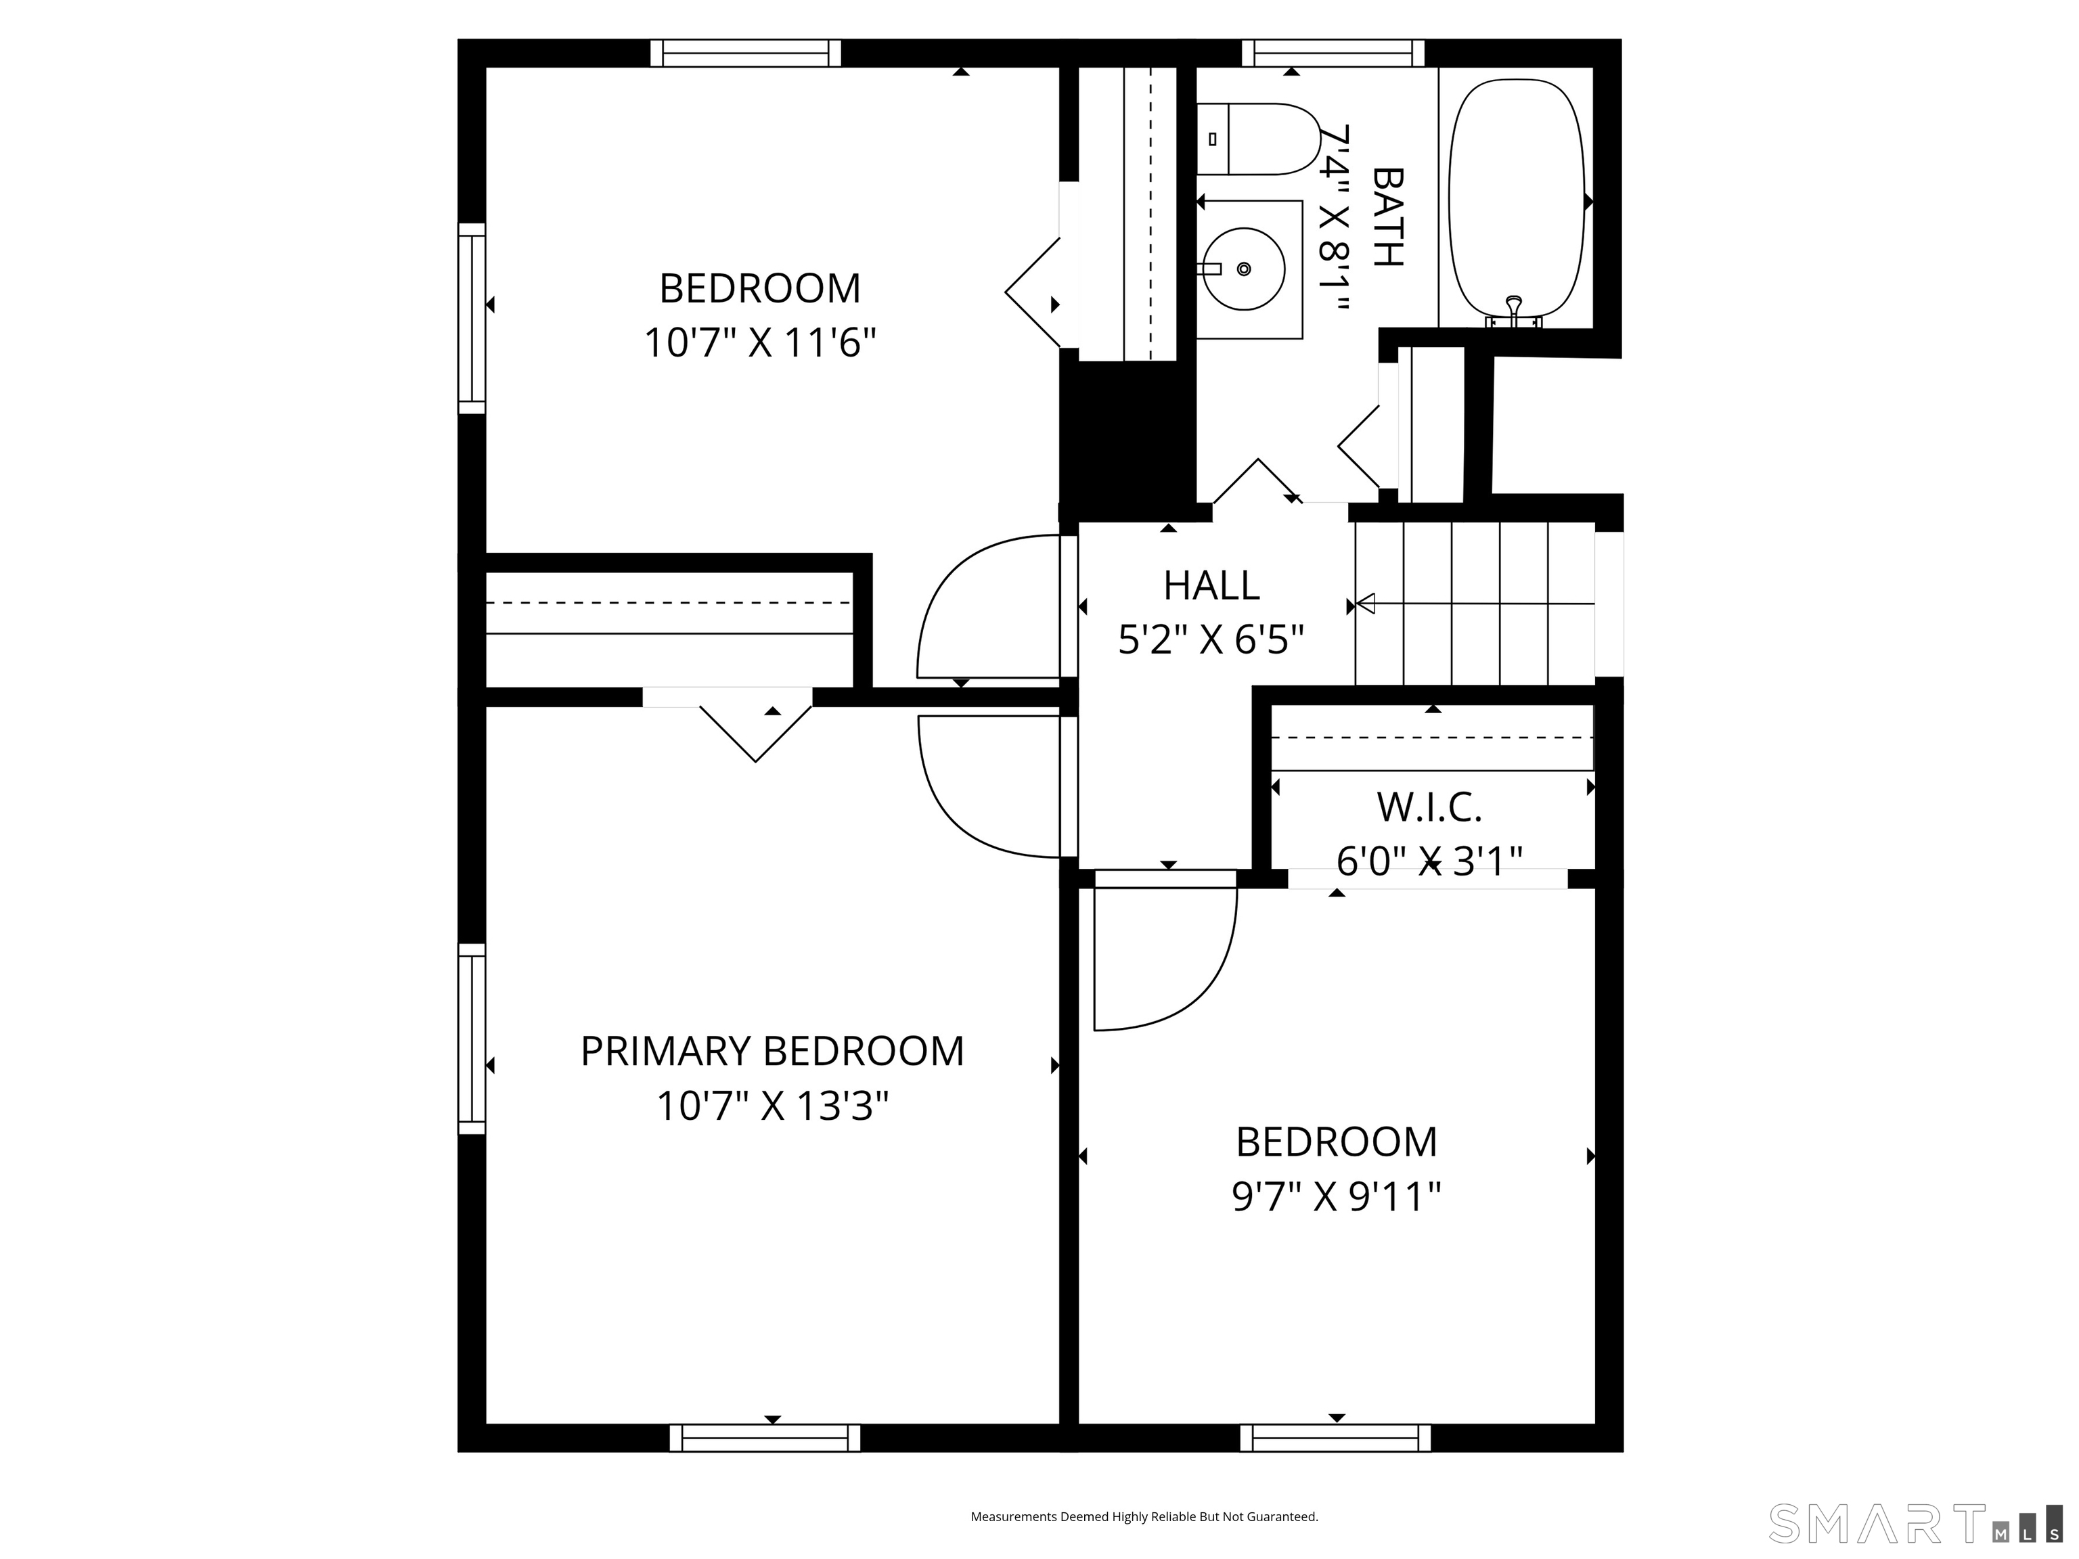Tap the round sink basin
(x=1243, y=269)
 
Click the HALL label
(x=1211, y=585)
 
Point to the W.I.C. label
(x=1429, y=807)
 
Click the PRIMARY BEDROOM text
(x=773, y=1051)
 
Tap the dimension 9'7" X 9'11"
(x=1337, y=1197)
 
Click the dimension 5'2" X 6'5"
(x=1211, y=641)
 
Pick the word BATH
(x=1388, y=217)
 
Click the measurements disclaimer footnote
(x=1144, y=1517)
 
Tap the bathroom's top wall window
(x=1333, y=53)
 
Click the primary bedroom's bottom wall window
(x=765, y=1438)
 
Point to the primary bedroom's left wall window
(x=472, y=1039)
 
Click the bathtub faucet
(x=1513, y=311)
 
